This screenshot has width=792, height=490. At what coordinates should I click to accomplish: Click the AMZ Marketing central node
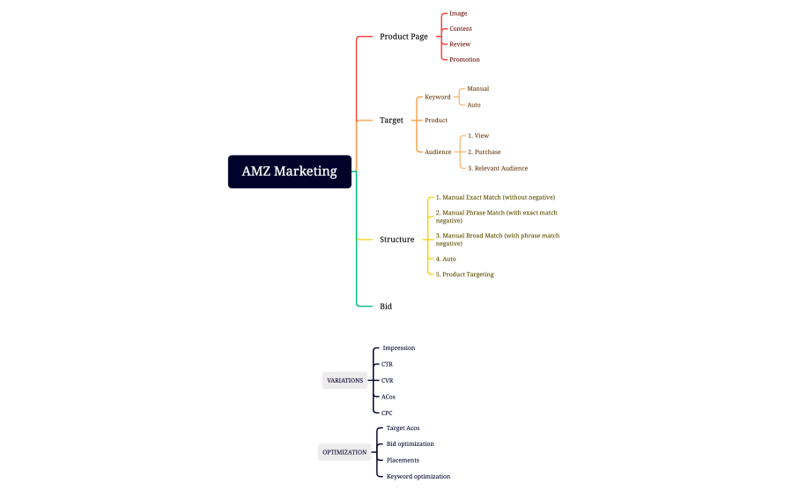290,172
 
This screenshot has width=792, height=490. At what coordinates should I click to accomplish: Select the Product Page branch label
403,37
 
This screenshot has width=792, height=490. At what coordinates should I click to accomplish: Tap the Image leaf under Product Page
458,14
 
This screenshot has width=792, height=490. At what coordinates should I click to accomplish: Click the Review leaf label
460,44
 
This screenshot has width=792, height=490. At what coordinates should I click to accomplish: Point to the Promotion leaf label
464,60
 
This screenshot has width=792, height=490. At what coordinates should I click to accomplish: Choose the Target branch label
391,121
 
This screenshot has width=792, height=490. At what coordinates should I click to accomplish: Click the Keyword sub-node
437,97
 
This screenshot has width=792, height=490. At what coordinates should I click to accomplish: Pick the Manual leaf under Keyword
477,89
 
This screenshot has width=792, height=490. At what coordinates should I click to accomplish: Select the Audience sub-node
438,152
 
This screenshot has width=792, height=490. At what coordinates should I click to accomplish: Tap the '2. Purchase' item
484,152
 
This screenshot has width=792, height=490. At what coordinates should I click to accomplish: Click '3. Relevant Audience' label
498,168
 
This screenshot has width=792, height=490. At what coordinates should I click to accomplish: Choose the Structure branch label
396,239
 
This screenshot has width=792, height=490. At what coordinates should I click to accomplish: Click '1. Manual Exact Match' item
495,198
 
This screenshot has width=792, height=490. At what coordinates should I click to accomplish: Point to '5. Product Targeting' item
464,274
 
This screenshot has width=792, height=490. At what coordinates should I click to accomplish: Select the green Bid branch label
386,306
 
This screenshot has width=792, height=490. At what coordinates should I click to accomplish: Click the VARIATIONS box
344,380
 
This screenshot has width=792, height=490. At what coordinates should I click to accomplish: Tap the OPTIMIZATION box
344,452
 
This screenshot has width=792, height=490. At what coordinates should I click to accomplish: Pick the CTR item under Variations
387,364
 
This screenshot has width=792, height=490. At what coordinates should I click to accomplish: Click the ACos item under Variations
389,397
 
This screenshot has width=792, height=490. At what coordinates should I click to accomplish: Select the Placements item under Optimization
403,460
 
